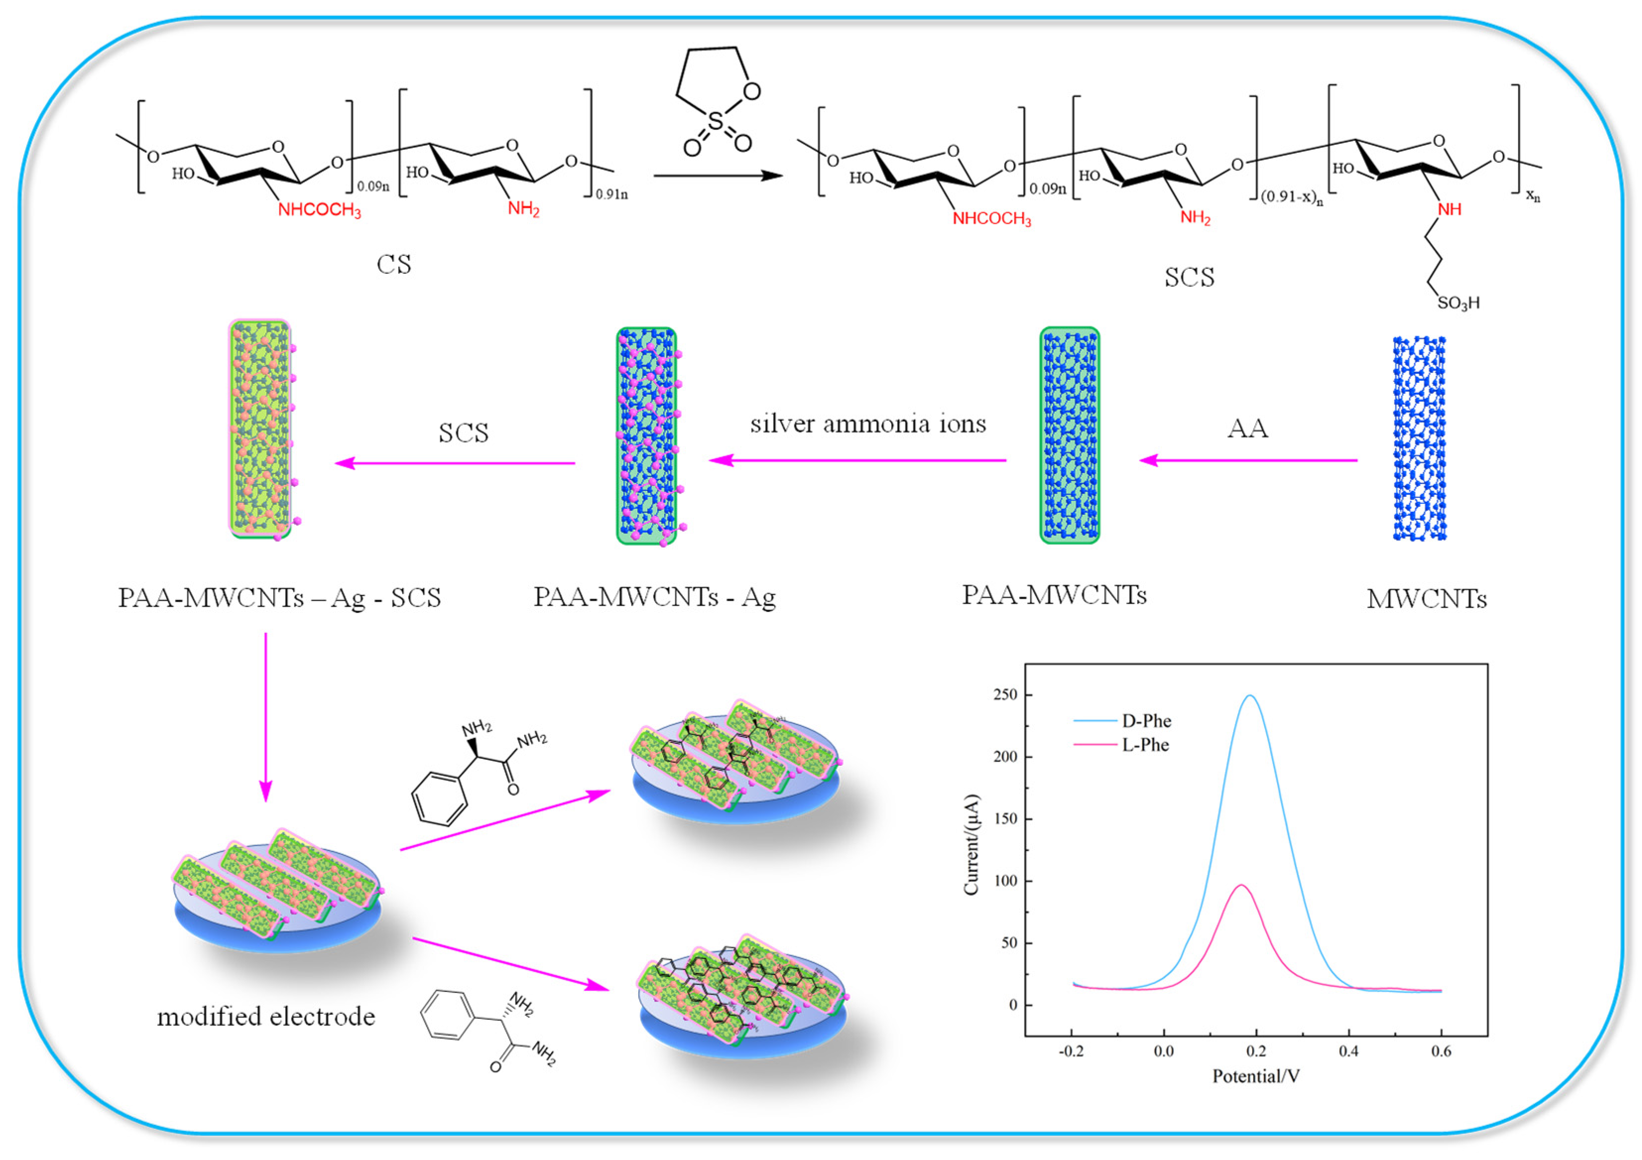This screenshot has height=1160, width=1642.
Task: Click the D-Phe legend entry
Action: tap(1146, 721)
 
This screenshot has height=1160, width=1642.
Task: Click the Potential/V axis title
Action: tap(1255, 1076)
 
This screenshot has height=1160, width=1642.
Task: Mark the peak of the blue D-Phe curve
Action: tap(1250, 696)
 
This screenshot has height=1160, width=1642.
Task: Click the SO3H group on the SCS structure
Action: tap(1458, 303)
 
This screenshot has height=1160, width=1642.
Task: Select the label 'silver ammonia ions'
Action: tap(867, 424)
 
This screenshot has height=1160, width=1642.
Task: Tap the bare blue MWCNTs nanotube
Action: tap(1420, 438)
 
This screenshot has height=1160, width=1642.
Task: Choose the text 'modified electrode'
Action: tap(266, 1016)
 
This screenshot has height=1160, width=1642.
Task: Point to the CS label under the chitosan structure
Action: tap(394, 265)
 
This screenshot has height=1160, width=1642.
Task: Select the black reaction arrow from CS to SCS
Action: tap(718, 175)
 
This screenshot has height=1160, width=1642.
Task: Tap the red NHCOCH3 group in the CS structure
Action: tap(319, 210)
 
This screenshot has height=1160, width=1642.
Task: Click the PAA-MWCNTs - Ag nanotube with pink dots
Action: tap(647, 436)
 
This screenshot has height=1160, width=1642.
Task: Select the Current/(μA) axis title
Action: tap(971, 845)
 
